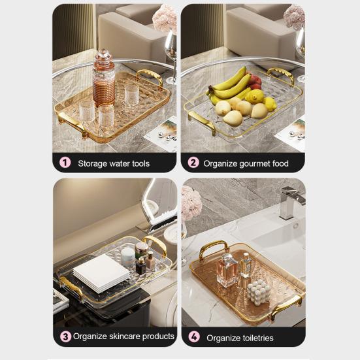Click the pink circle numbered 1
click(65, 163)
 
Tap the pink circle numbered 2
click(194, 163)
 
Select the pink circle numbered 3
click(65, 336)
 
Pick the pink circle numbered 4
click(194, 337)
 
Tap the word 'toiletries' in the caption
click(257, 338)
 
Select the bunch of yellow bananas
click(230, 84)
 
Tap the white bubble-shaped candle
click(259, 291)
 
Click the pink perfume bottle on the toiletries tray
click(226, 269)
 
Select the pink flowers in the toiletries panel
click(191, 203)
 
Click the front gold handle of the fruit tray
click(201, 122)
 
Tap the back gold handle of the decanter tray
click(150, 76)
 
